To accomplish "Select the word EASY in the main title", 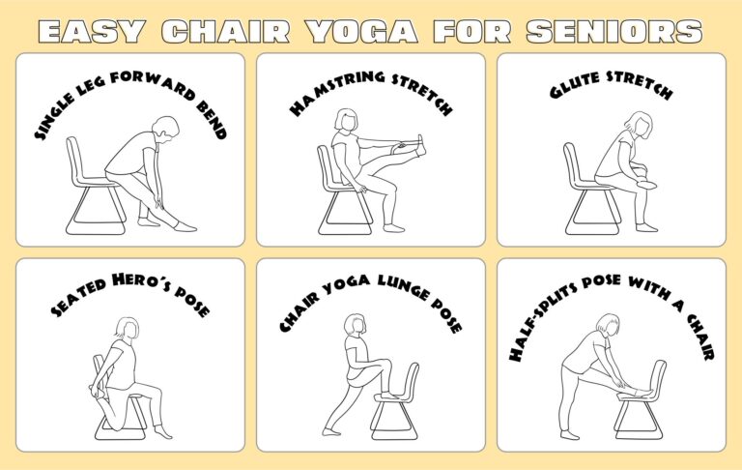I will pyautogui.click(x=91, y=31).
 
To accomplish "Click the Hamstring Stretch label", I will pyautogui.click(x=370, y=94).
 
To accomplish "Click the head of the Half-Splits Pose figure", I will pyautogui.click(x=608, y=325).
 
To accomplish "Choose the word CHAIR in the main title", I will pyautogui.click(x=226, y=31).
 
